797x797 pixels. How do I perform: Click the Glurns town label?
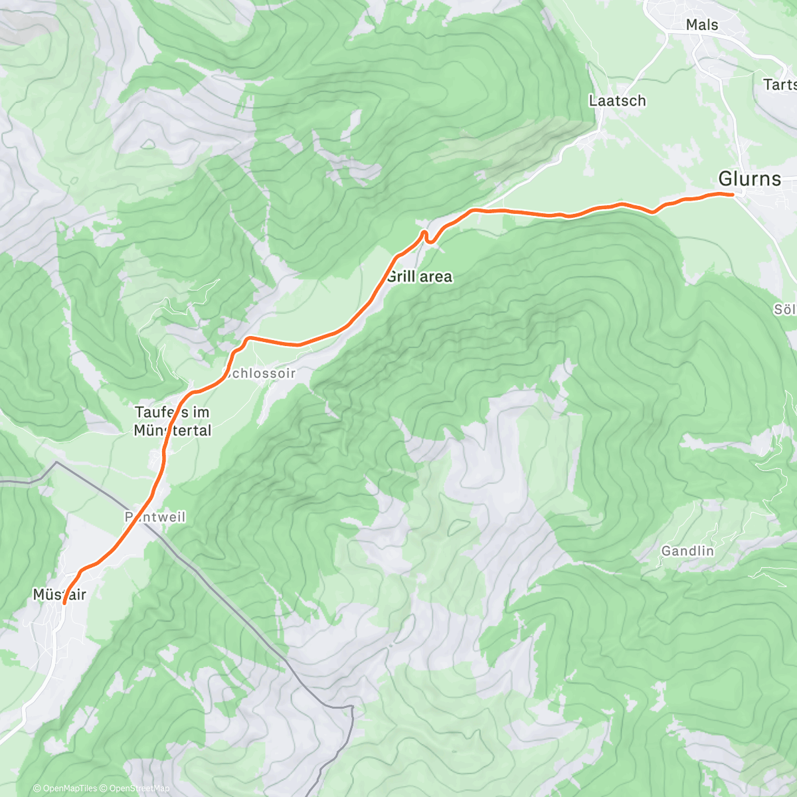749,179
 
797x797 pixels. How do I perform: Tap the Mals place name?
702,25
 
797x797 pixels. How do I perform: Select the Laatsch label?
617,101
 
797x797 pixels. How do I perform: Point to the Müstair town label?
59,594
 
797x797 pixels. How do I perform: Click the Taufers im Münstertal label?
173,421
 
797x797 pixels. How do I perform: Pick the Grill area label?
419,276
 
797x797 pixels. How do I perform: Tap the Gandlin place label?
687,551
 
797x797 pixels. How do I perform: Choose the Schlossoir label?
260,373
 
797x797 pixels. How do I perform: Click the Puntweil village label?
155,517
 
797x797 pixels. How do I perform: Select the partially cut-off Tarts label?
780,84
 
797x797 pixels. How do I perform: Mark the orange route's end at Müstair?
64,603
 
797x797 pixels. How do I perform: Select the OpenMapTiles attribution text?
66,788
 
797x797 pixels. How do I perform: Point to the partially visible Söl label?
784,310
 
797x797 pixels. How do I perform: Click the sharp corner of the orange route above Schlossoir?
248,339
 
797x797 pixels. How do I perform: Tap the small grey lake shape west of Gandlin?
456,527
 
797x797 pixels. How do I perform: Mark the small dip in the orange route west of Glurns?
654,212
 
